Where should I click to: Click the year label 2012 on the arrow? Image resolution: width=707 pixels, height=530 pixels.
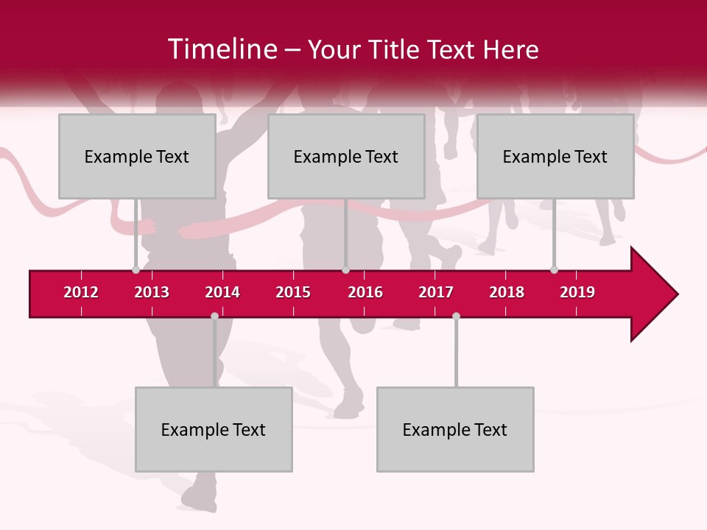[x=81, y=292]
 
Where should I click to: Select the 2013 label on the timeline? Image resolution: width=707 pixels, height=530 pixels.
[x=152, y=292]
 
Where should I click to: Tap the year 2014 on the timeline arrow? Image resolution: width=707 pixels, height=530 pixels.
[x=222, y=292]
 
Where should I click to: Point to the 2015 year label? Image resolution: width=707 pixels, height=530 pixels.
[x=293, y=292]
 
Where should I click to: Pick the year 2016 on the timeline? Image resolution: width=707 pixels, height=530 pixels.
[x=365, y=292]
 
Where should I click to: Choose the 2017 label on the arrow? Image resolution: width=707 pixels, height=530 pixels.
[x=436, y=292]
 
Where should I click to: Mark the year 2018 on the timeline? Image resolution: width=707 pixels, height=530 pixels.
[x=507, y=292]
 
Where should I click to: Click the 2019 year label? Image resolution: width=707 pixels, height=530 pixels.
[x=577, y=292]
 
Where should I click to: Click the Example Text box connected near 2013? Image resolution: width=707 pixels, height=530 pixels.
[x=137, y=156]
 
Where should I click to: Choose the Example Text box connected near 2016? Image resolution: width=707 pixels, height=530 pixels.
[x=346, y=156]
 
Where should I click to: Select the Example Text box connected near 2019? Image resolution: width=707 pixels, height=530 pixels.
[x=555, y=156]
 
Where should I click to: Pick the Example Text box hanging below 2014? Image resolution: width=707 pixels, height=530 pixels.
[x=214, y=429]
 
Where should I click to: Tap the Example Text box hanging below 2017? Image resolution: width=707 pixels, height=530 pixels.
[x=455, y=429]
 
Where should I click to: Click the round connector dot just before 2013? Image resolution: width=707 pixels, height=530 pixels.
[x=136, y=270]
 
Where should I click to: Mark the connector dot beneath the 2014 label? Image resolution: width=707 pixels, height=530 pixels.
[x=214, y=317]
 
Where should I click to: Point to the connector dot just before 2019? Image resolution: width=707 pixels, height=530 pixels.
[x=554, y=270]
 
